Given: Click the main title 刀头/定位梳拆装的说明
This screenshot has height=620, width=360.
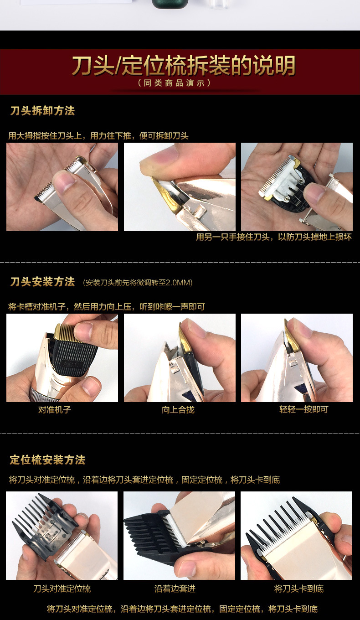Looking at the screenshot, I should tap(183, 66).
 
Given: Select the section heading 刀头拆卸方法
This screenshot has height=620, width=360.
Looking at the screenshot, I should tap(42, 111).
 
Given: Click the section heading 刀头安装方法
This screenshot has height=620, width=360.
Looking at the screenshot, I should tap(42, 282).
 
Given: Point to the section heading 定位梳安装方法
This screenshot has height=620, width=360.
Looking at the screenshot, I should tap(47, 460).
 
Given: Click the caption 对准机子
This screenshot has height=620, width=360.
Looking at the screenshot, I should tap(54, 409).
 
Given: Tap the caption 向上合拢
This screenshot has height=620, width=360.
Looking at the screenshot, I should tap(178, 409).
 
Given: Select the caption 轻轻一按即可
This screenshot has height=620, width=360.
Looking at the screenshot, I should tap(303, 409).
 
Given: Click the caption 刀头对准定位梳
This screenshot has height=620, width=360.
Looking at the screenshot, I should tap(62, 589).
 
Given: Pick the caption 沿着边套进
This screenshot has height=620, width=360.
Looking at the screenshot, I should tap(175, 589).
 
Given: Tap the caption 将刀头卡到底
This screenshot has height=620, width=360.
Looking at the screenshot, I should tap(299, 589).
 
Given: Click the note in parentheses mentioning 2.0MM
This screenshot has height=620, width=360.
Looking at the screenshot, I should tap(138, 283).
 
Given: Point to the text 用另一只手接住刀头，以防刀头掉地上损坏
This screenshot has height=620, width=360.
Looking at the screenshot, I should tap(274, 237).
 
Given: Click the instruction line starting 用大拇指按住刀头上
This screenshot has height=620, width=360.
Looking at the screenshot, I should tap(98, 136).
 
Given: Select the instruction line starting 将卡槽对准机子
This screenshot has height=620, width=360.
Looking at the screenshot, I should tap(107, 307).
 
